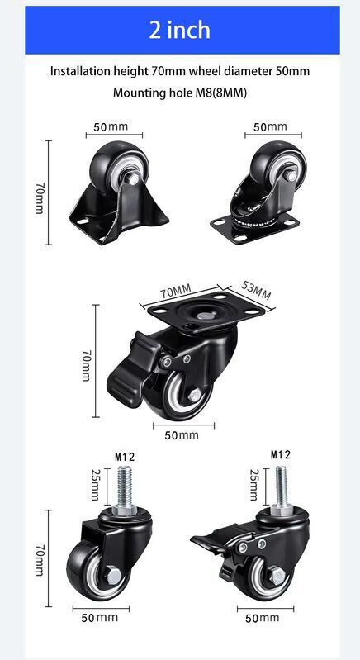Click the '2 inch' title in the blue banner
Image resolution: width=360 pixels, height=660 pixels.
pyautogui.click(x=179, y=31)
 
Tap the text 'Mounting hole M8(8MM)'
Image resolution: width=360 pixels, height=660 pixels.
pyautogui.click(x=179, y=93)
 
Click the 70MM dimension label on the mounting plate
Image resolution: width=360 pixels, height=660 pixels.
pyautogui.click(x=175, y=291)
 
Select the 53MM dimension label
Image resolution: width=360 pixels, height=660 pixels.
pyautogui.click(x=256, y=290)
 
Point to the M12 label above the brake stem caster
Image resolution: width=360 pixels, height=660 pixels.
pyautogui.click(x=281, y=454)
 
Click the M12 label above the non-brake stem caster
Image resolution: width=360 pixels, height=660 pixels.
pyautogui.click(x=125, y=457)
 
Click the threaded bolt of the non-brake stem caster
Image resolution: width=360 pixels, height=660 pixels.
pyautogui.click(x=125, y=487)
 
